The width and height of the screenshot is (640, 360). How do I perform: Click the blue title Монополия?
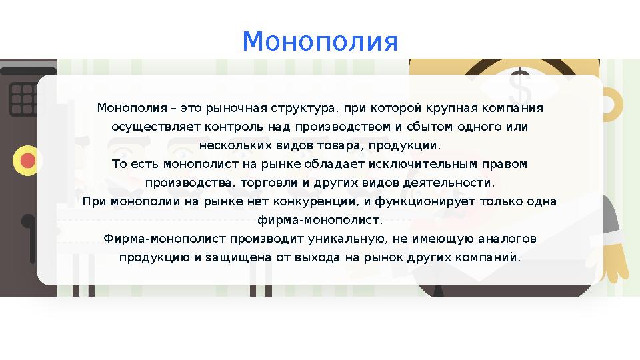click(x=320, y=41)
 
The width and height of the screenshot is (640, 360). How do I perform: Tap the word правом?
click(x=507, y=164)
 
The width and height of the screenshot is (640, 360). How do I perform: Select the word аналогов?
click(x=509, y=239)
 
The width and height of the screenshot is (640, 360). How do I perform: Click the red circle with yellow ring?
click(x=27, y=161)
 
